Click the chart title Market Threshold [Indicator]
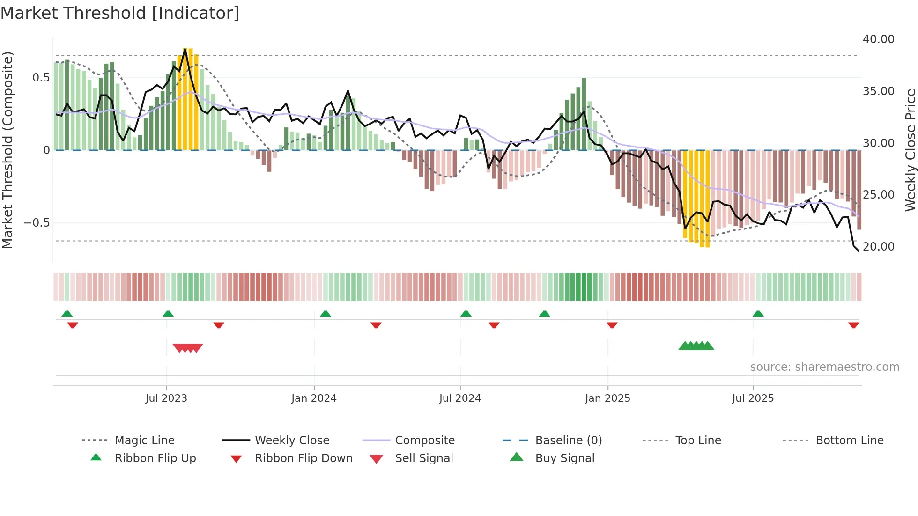(120, 13)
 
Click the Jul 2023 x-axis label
(166, 398)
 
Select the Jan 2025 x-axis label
(607, 398)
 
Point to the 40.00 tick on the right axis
(878, 39)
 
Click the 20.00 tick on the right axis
(878, 246)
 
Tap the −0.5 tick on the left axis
(37, 222)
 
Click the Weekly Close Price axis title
(910, 150)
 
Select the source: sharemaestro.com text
(824, 367)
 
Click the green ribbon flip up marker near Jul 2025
(758, 314)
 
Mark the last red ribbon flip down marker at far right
(853, 325)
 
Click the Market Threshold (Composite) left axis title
(7, 150)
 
